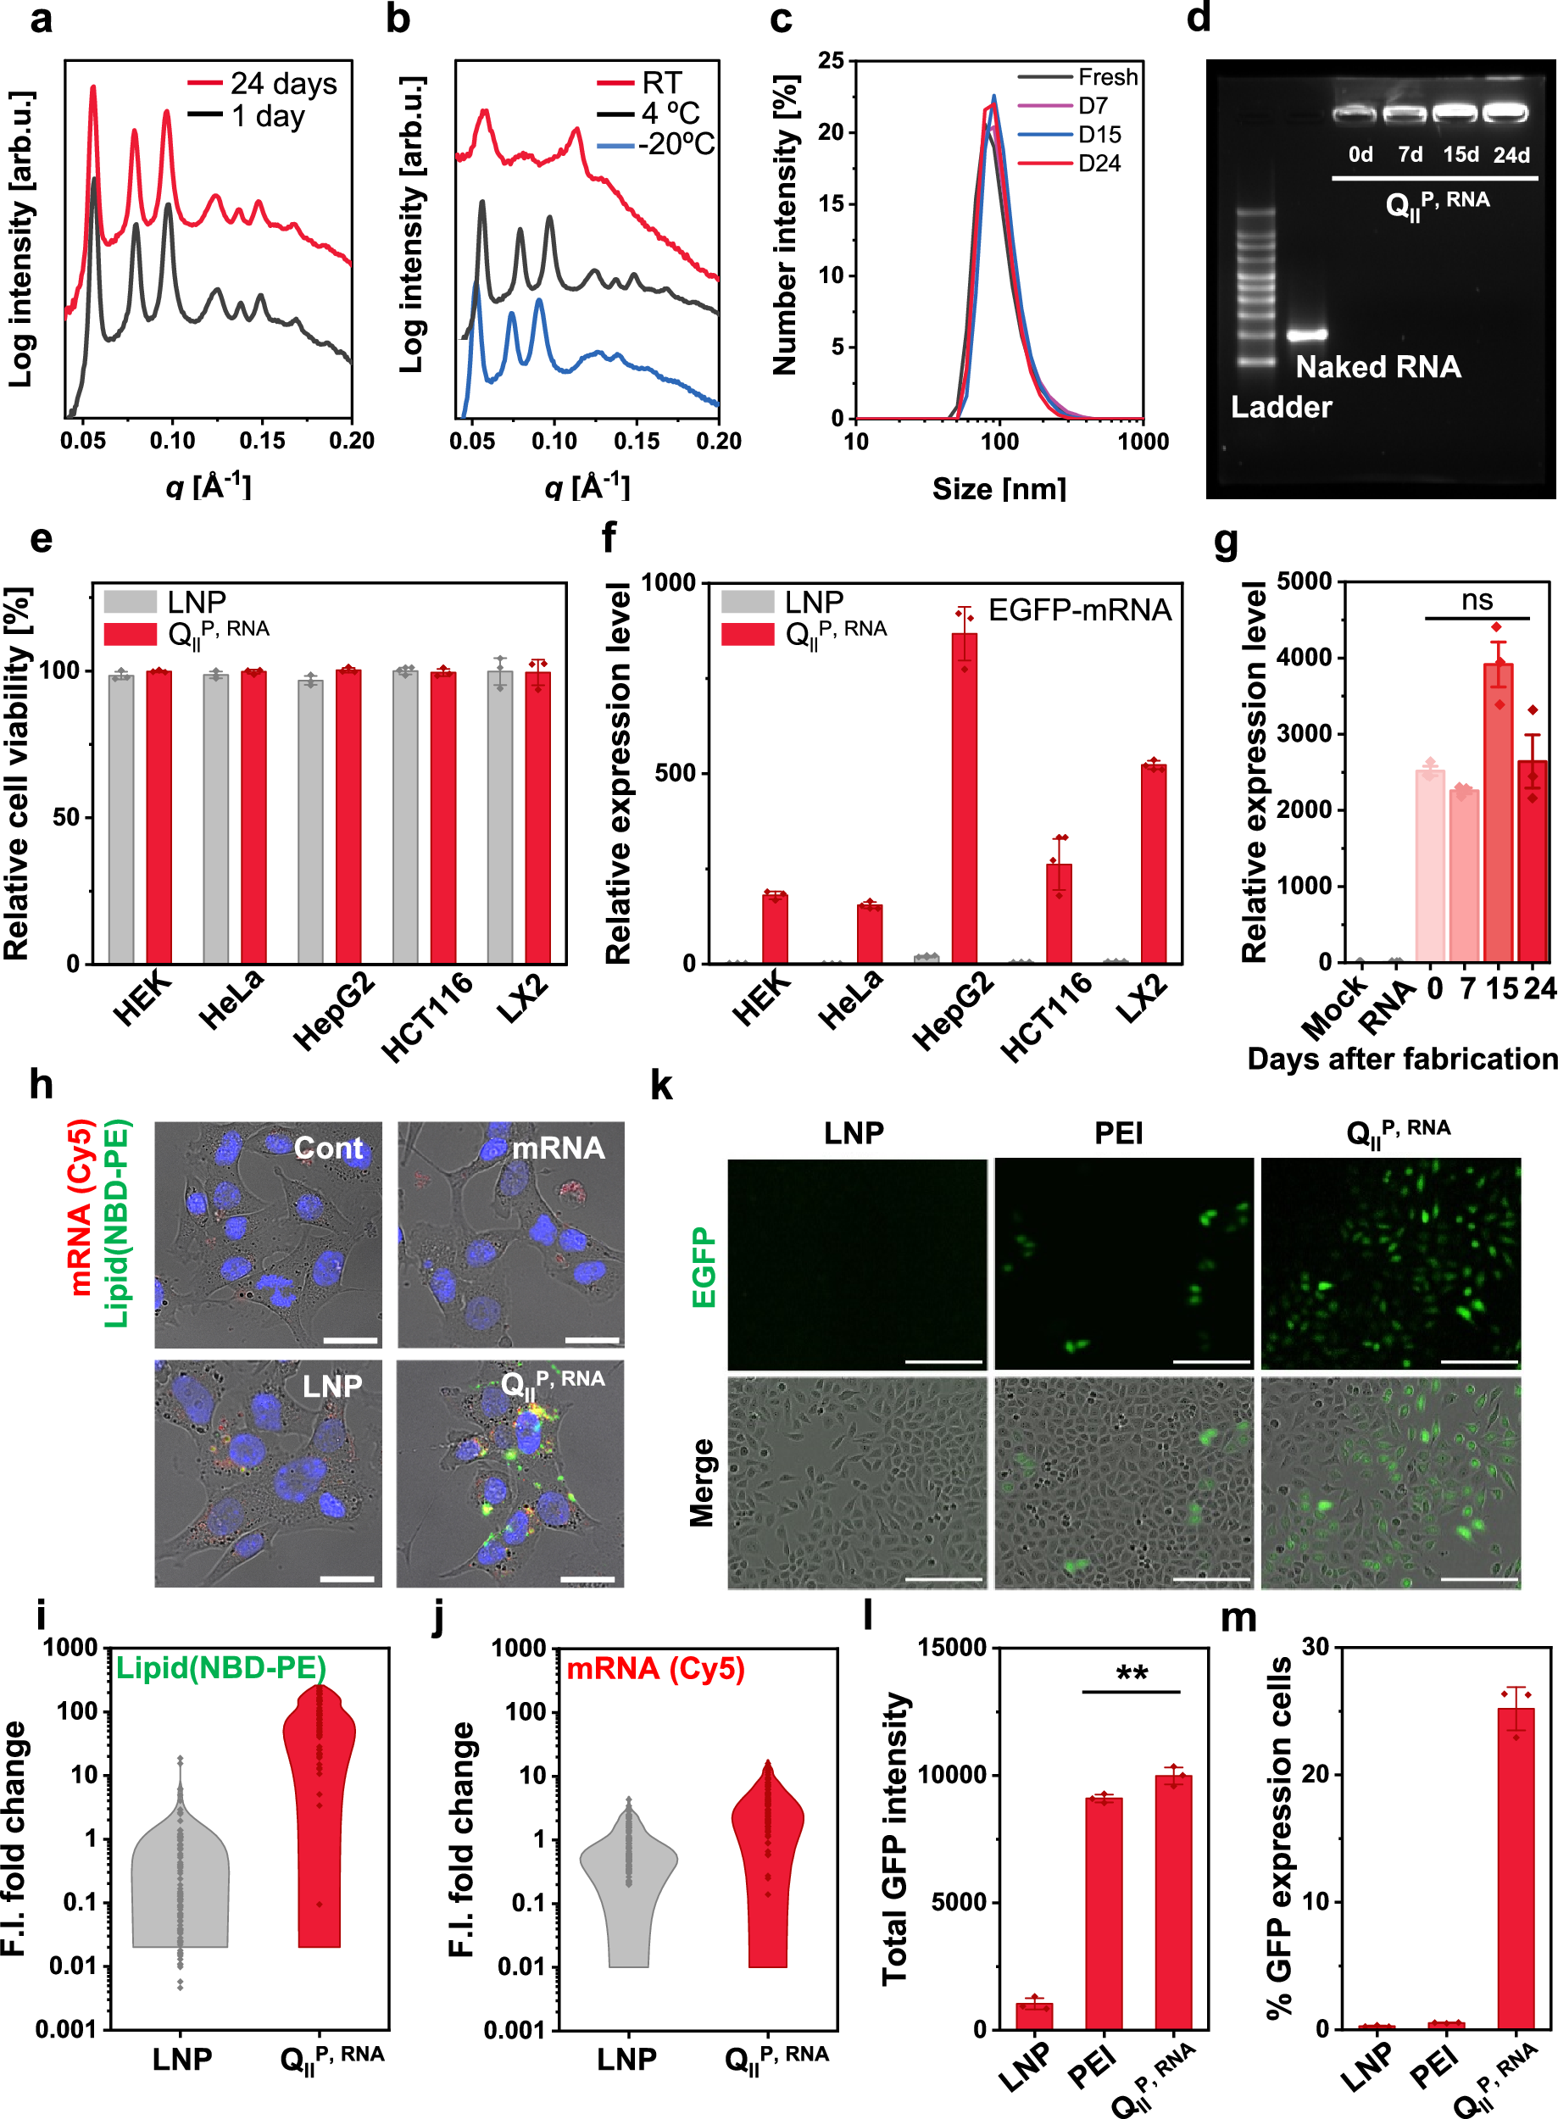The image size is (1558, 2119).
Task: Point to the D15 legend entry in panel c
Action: click(x=1098, y=135)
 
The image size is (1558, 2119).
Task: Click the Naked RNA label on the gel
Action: click(x=1377, y=366)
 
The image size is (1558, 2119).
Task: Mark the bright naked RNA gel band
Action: click(x=1307, y=334)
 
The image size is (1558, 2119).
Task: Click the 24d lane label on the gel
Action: click(x=1511, y=154)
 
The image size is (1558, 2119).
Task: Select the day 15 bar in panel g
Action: click(x=1498, y=811)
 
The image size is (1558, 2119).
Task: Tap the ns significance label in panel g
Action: click(x=1477, y=600)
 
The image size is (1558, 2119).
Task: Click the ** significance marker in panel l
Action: click(x=1132, y=1674)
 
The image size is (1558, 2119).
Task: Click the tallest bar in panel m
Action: click(x=1516, y=1867)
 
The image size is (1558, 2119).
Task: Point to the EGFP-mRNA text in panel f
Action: click(x=1079, y=610)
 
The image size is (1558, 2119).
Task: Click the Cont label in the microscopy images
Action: click(x=327, y=1148)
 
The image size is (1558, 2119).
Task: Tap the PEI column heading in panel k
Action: click(x=1119, y=1132)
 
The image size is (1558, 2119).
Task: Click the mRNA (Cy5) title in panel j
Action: click(x=655, y=1668)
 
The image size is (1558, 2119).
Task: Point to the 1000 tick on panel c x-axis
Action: click(x=1143, y=442)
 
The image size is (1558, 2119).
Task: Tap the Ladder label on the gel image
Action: click(x=1281, y=407)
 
